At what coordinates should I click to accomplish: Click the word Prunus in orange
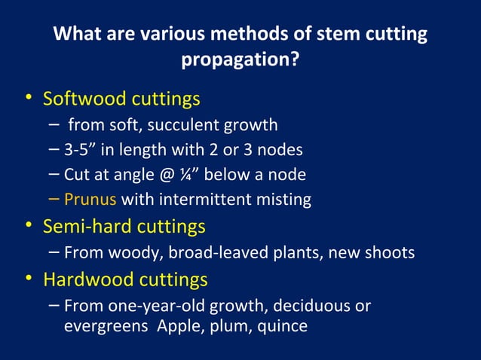[90, 200]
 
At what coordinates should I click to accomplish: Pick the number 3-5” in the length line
[82, 149]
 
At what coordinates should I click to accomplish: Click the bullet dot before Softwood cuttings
[28, 99]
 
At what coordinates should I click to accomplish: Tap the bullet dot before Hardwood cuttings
[28, 280]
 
